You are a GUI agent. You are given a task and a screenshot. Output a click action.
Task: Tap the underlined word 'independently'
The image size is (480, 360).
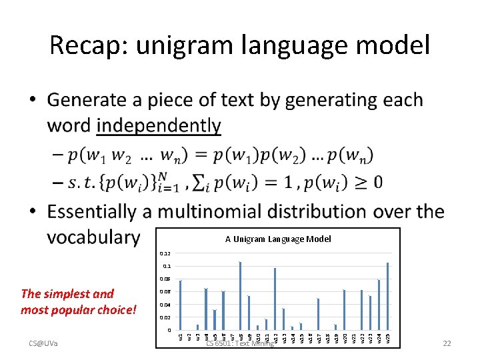pyautogui.click(x=159, y=126)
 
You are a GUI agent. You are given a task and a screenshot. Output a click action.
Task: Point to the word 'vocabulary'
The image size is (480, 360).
pyautogui.click(x=93, y=237)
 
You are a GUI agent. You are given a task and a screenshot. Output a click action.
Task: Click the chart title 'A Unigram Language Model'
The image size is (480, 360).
pyautogui.click(x=277, y=239)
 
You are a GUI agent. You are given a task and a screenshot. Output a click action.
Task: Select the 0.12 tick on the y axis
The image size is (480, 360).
pyautogui.click(x=165, y=253)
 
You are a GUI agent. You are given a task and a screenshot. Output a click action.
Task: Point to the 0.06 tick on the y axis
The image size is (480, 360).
pyautogui.click(x=165, y=292)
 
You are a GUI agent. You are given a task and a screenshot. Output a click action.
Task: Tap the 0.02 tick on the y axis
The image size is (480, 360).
pyautogui.click(x=165, y=318)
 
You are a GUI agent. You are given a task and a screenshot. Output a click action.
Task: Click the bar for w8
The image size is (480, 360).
pyautogui.click(x=240, y=296)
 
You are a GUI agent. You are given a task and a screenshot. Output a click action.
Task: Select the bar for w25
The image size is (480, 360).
pyautogui.click(x=387, y=297)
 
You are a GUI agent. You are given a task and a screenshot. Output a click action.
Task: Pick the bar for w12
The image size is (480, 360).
pyautogui.click(x=275, y=299)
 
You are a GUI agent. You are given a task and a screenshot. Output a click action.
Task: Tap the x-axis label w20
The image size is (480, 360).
pyautogui.click(x=344, y=339)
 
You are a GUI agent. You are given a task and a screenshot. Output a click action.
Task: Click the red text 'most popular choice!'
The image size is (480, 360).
pyautogui.click(x=79, y=310)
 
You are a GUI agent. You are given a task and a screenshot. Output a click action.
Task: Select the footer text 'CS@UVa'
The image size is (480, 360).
pyautogui.click(x=43, y=343)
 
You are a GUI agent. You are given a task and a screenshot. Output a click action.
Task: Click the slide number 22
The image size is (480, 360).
pyautogui.click(x=447, y=343)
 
